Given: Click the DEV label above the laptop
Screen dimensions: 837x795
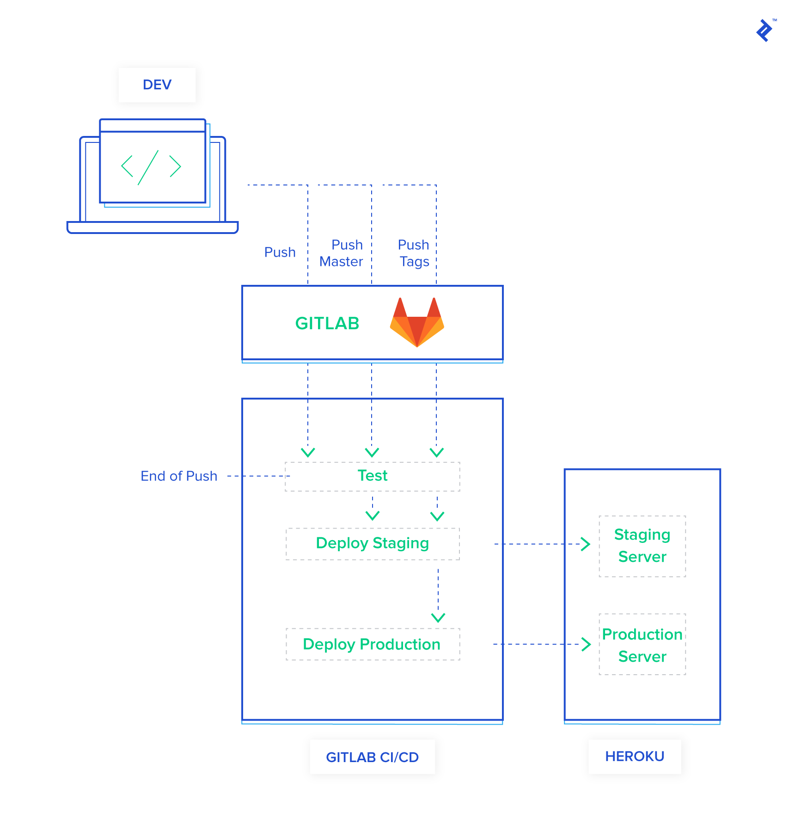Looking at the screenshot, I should click(157, 85).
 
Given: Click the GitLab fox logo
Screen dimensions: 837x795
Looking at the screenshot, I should click(417, 323).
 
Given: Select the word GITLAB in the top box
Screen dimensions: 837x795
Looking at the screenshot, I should click(327, 323).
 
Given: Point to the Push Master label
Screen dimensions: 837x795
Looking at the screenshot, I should click(342, 253).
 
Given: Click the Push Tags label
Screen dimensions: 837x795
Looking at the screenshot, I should click(414, 253).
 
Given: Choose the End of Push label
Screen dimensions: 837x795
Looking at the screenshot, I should click(179, 476).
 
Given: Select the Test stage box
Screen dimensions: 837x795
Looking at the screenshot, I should click(373, 476).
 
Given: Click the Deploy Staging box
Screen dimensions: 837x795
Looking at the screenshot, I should click(373, 543).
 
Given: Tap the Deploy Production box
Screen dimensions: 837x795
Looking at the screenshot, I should click(373, 644).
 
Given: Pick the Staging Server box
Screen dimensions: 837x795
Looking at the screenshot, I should click(642, 546).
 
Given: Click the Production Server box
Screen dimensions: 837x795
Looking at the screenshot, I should click(642, 645).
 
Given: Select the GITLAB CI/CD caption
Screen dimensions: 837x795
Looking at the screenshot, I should click(372, 757).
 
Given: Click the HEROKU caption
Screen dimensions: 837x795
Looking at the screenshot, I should click(635, 756).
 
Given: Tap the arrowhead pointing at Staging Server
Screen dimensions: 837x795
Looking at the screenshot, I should click(586, 544).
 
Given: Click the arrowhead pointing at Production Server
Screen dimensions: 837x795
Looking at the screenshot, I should click(586, 644).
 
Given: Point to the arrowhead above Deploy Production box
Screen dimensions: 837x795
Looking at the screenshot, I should click(438, 617).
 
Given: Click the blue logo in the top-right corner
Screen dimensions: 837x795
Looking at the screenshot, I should click(765, 31).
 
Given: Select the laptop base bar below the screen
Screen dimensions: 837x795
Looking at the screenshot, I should click(153, 228).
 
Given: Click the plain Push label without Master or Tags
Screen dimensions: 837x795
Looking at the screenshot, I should click(280, 252).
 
